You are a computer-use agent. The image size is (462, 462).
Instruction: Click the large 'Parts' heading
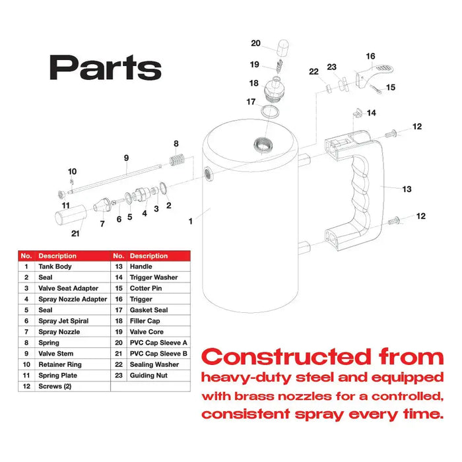pyautogui.click(x=106, y=67)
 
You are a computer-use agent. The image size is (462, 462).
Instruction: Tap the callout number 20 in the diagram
pyautogui.click(x=255, y=44)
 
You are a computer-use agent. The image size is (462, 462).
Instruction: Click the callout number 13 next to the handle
pyautogui.click(x=407, y=189)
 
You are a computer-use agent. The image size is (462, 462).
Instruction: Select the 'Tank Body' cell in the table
pyautogui.click(x=55, y=267)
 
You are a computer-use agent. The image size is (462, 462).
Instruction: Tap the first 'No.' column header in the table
pyautogui.click(x=26, y=255)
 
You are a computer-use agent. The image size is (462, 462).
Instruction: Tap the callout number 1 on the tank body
pyautogui.click(x=191, y=222)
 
